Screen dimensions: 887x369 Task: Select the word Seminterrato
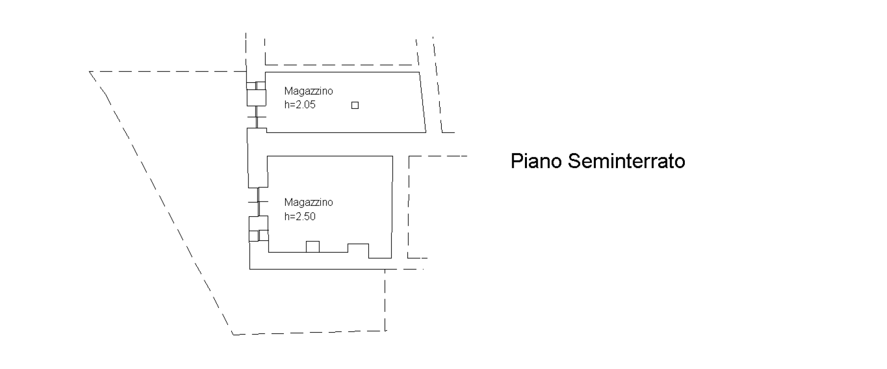[x=627, y=161]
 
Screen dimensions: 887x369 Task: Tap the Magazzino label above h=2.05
[x=308, y=91]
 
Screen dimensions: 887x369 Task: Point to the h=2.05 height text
[x=300, y=104]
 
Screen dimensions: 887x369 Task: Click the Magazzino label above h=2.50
[x=308, y=202]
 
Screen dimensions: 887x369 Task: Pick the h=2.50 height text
[x=300, y=216]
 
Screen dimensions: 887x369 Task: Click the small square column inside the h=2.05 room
[x=355, y=105]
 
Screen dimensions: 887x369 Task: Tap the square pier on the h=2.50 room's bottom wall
[x=312, y=246]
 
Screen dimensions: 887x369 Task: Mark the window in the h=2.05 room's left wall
[x=256, y=117]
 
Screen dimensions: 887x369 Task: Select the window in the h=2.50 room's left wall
[x=258, y=202]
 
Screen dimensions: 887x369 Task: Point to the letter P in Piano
[x=517, y=161]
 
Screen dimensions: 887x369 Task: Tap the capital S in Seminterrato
[x=575, y=161]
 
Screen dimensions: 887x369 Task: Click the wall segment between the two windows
[x=257, y=158]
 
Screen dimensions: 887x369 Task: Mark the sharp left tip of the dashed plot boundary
[x=90, y=72]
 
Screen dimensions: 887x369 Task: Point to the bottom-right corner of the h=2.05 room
[x=426, y=133]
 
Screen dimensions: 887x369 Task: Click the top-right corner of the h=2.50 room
[x=393, y=156]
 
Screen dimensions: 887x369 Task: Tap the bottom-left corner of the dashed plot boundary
[x=233, y=335]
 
